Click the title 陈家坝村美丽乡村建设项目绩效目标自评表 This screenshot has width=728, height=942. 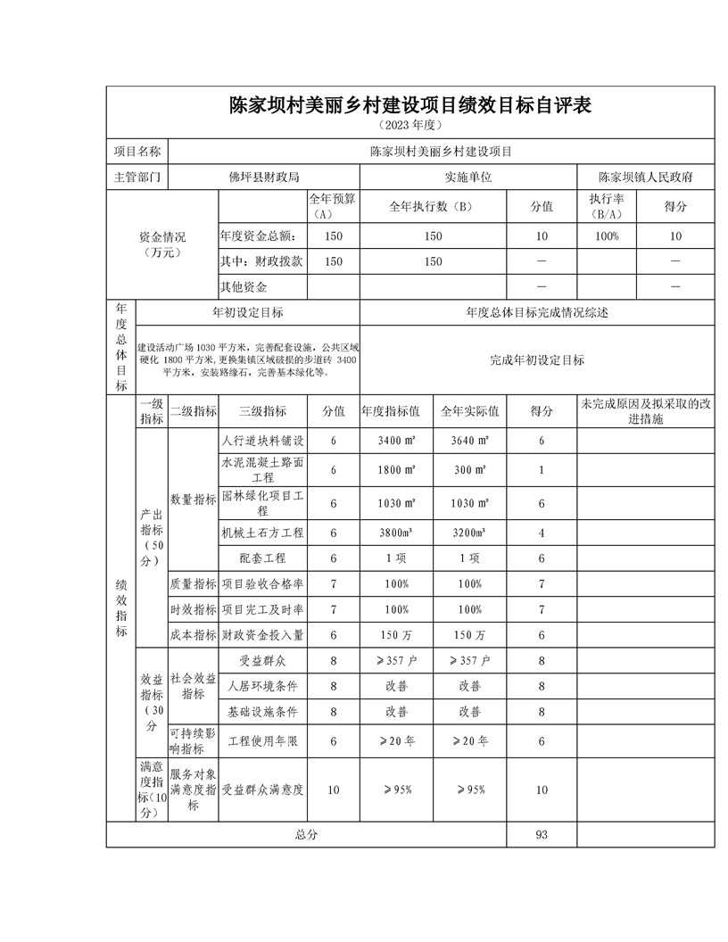pyautogui.click(x=410, y=105)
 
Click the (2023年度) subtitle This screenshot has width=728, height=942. pyautogui.click(x=410, y=126)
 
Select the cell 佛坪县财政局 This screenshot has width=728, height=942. pyautogui.click(x=264, y=177)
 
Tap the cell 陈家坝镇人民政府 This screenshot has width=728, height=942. pyautogui.click(x=645, y=177)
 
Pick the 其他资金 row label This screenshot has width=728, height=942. pyautogui.click(x=244, y=287)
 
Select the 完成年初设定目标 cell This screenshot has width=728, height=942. pyautogui.click(x=537, y=360)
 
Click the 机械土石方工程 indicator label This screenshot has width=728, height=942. pyautogui.click(x=263, y=533)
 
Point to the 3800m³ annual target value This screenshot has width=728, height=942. pyautogui.click(x=395, y=533)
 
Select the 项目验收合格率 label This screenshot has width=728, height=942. pyautogui.click(x=263, y=584)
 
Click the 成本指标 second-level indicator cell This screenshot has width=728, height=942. pyautogui.click(x=194, y=635)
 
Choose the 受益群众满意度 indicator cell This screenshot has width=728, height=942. pyautogui.click(x=263, y=789)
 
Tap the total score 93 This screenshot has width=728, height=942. pyautogui.click(x=542, y=834)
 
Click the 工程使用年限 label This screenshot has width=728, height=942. pyautogui.click(x=263, y=740)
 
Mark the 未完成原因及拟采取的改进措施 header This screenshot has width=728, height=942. pyautogui.click(x=645, y=411)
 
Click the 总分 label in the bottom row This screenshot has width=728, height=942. pyautogui.click(x=306, y=834)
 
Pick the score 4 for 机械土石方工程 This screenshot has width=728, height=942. pyautogui.click(x=542, y=533)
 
